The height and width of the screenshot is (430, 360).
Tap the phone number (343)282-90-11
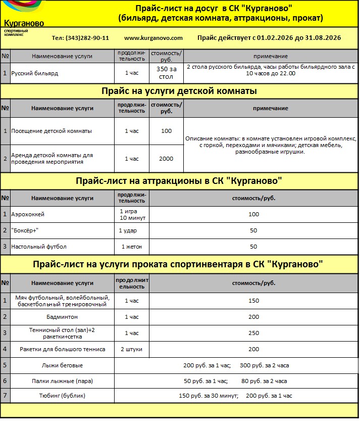[80, 38]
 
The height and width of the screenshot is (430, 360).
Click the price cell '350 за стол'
[166, 73]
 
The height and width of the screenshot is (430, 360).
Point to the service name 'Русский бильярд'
[35, 73]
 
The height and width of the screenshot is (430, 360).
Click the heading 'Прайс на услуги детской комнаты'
[179, 91]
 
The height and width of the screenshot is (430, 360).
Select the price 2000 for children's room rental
[166, 159]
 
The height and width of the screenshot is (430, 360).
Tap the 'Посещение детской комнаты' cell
[52, 131]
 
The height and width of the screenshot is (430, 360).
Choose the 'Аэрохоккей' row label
[28, 214]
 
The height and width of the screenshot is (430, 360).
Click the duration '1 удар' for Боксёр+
[128, 230]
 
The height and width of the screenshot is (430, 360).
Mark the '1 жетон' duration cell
[131, 247]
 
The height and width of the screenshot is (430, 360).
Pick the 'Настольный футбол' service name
[39, 247]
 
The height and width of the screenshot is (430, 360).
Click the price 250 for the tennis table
[253, 333]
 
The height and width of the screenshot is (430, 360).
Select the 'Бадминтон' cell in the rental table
[62, 317]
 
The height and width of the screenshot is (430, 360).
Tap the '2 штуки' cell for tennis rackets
[131, 349]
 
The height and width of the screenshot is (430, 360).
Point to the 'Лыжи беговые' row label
[62, 365]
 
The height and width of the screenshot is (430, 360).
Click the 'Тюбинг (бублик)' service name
[62, 396]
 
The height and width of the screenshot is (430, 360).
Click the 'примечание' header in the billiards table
[271, 56]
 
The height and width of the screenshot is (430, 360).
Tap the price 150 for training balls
[253, 301]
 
